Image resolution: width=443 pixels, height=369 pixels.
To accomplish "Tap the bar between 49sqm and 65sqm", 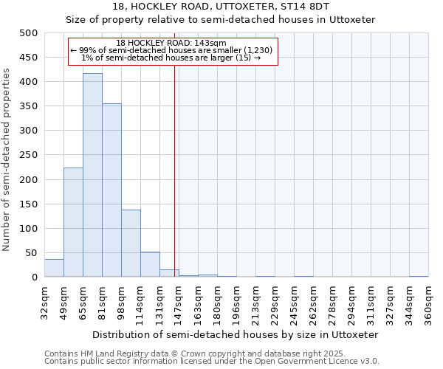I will coord(73,222).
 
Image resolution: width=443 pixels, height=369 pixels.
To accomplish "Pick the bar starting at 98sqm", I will coord(131,244).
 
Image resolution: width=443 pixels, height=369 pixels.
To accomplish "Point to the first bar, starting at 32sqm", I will coord(54,268).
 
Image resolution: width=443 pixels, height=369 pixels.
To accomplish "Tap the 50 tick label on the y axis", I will coord(31,253).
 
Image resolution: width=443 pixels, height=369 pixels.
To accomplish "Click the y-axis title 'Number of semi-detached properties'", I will coord(7,159).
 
